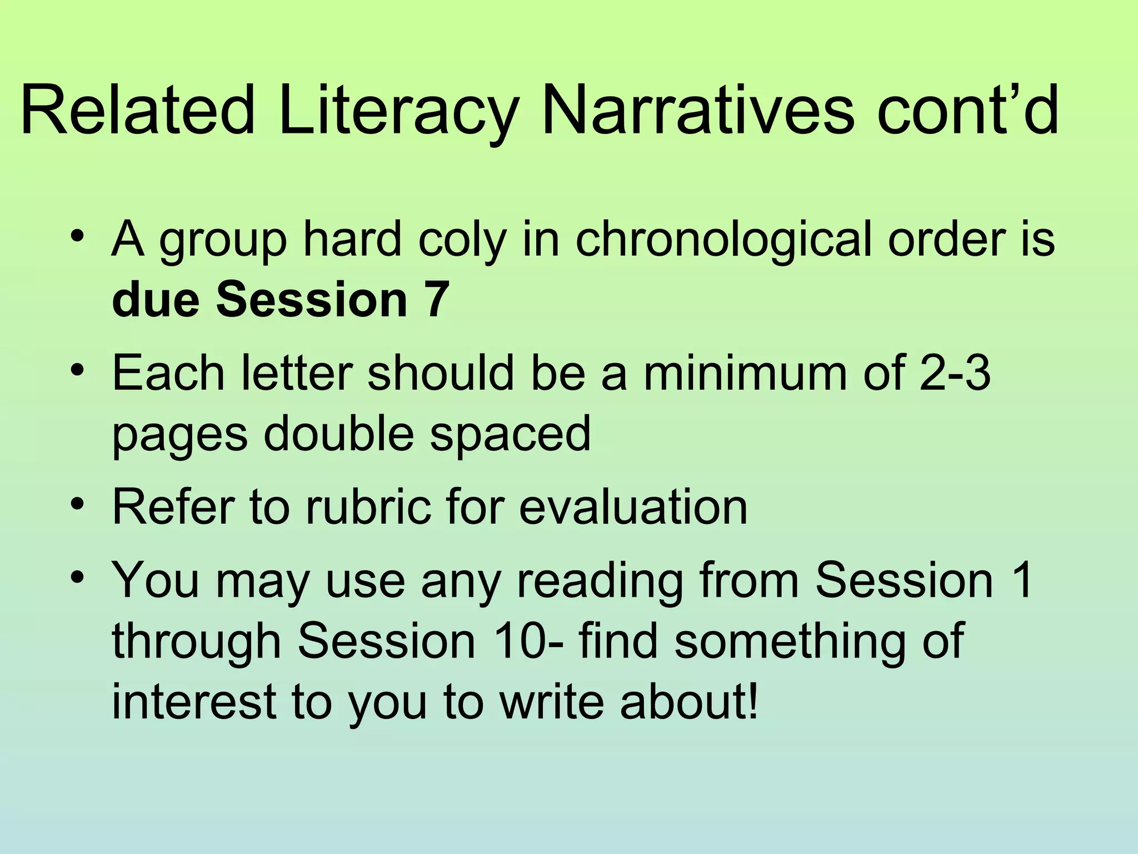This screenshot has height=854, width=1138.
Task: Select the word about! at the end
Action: click(689, 702)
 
